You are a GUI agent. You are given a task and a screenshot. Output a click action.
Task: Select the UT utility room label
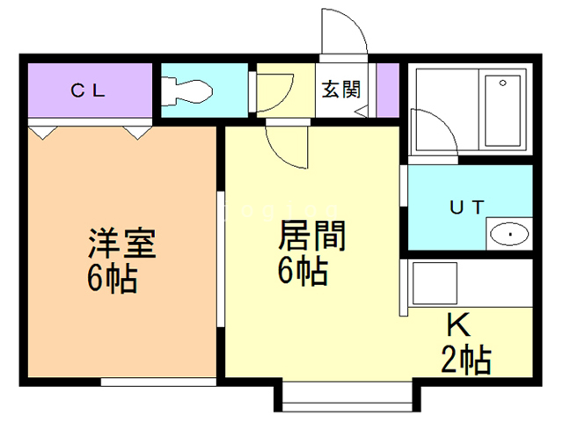467,208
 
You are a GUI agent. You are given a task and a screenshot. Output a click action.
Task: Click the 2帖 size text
465,360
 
